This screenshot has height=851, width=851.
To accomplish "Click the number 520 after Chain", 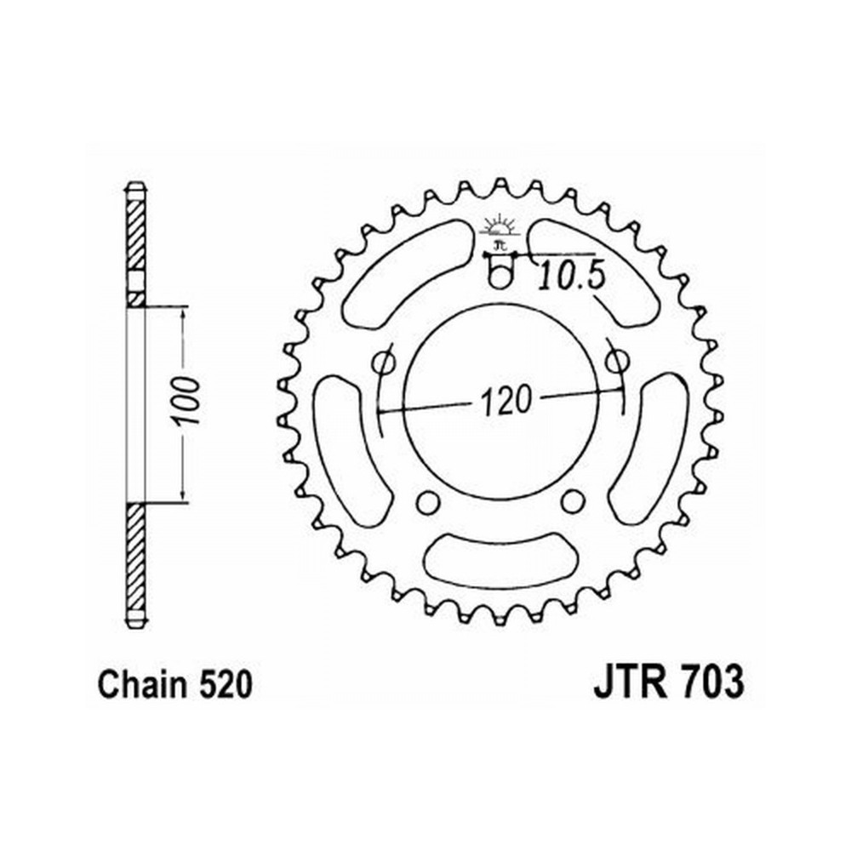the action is pos(226,684).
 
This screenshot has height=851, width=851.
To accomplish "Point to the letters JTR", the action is pos(630,683).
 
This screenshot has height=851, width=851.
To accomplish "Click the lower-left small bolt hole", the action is pos(428,503).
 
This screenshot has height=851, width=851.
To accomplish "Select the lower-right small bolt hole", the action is pos(572,502).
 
